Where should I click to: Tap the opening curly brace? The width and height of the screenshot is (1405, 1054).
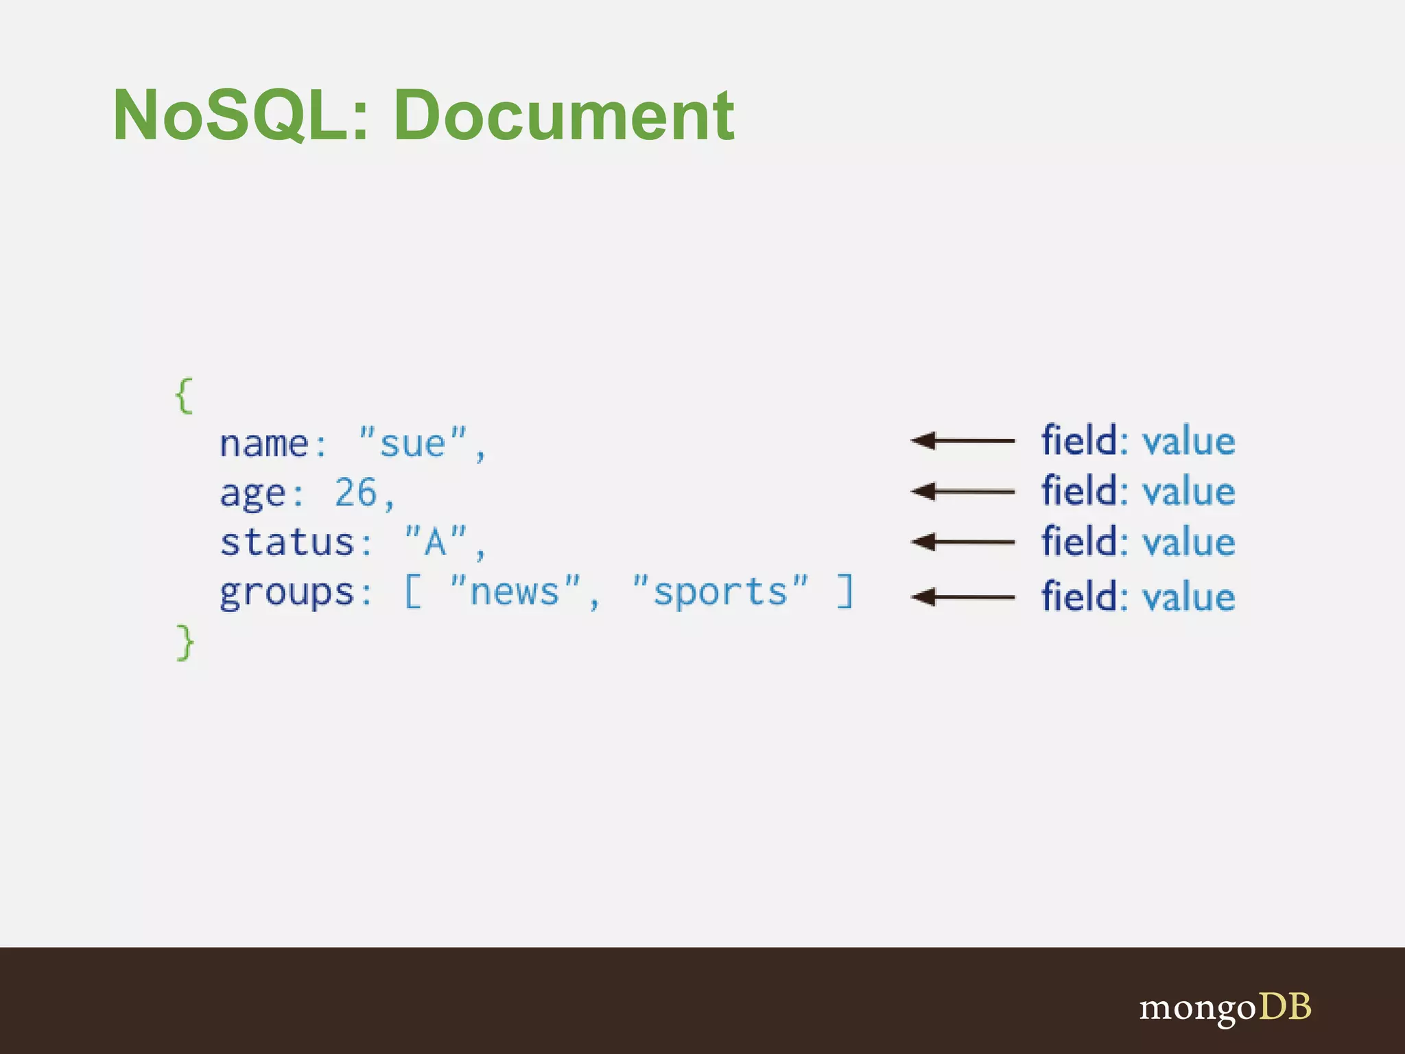pyautogui.click(x=184, y=396)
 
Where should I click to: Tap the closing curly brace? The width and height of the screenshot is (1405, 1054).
pyautogui.click(x=185, y=642)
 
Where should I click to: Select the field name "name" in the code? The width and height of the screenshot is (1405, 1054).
pyautogui.click(x=264, y=444)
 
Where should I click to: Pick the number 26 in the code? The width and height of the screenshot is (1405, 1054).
pyautogui.click(x=356, y=493)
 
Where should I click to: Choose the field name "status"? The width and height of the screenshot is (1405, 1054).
pyautogui.click(x=287, y=542)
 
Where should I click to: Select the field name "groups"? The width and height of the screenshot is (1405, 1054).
pyautogui.click(x=287, y=593)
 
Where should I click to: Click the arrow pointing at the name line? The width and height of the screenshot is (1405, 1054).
pyautogui.click(x=963, y=441)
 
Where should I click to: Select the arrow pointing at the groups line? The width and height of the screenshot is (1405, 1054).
pyautogui.click(x=963, y=597)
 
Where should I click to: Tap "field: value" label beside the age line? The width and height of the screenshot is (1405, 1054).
pyautogui.click(x=1138, y=491)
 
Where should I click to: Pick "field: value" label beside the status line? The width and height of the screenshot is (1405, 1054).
pyautogui.click(x=1138, y=542)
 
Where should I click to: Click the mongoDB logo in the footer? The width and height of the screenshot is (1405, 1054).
pyautogui.click(x=1225, y=1007)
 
